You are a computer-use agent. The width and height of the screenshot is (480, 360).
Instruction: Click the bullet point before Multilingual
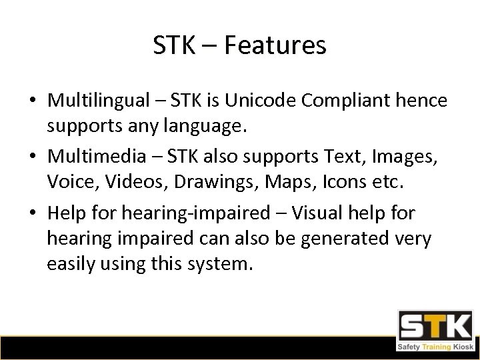click(33, 101)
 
